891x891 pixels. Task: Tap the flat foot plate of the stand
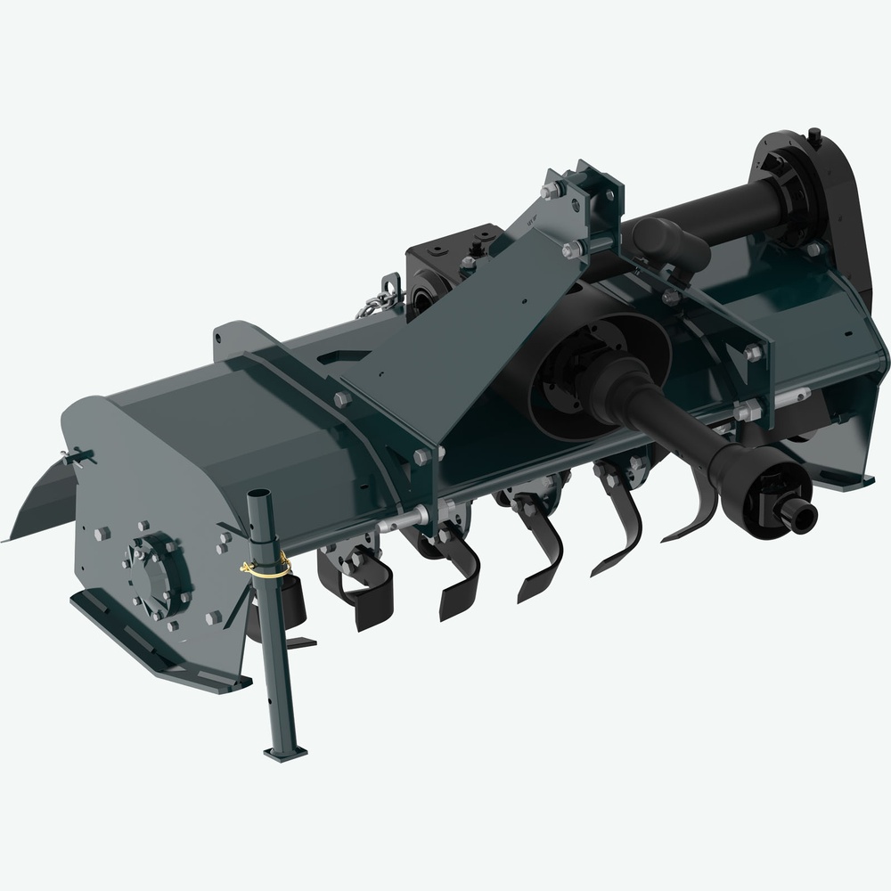[x=286, y=752]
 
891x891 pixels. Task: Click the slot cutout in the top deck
[x=347, y=357]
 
